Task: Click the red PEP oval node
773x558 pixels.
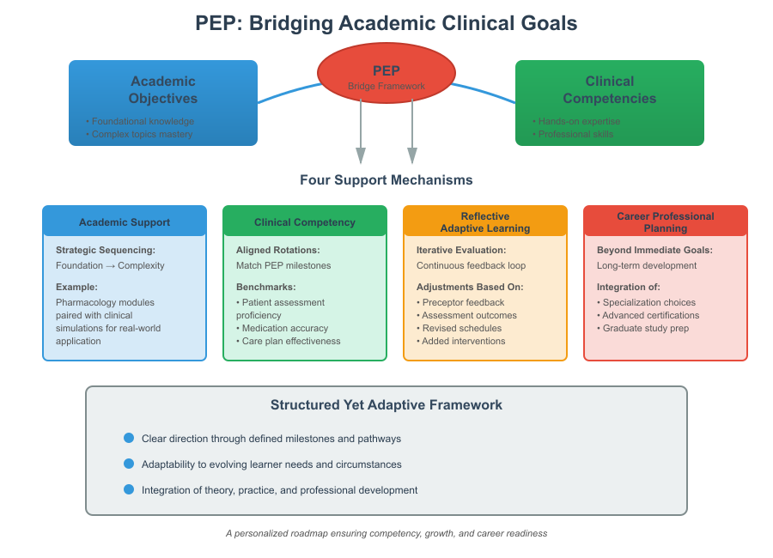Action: [386, 75]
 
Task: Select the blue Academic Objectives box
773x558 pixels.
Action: [163, 102]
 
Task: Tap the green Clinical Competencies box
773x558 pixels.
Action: [609, 102]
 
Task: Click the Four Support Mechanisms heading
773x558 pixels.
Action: [386, 180]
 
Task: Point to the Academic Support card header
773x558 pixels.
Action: [125, 222]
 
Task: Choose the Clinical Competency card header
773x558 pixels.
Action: [305, 222]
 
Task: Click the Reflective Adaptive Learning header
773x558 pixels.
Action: [485, 222]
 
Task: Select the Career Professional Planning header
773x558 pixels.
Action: [666, 222]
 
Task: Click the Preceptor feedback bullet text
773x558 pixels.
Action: [463, 302]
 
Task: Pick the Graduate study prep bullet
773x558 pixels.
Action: [645, 328]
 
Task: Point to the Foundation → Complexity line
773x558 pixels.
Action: [110, 265]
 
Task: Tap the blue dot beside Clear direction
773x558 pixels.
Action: [129, 438]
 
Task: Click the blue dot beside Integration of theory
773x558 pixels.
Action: [129, 489]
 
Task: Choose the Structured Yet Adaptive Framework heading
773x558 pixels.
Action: [386, 405]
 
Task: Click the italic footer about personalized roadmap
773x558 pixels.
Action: [386, 533]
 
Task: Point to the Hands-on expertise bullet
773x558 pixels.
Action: [579, 121]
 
